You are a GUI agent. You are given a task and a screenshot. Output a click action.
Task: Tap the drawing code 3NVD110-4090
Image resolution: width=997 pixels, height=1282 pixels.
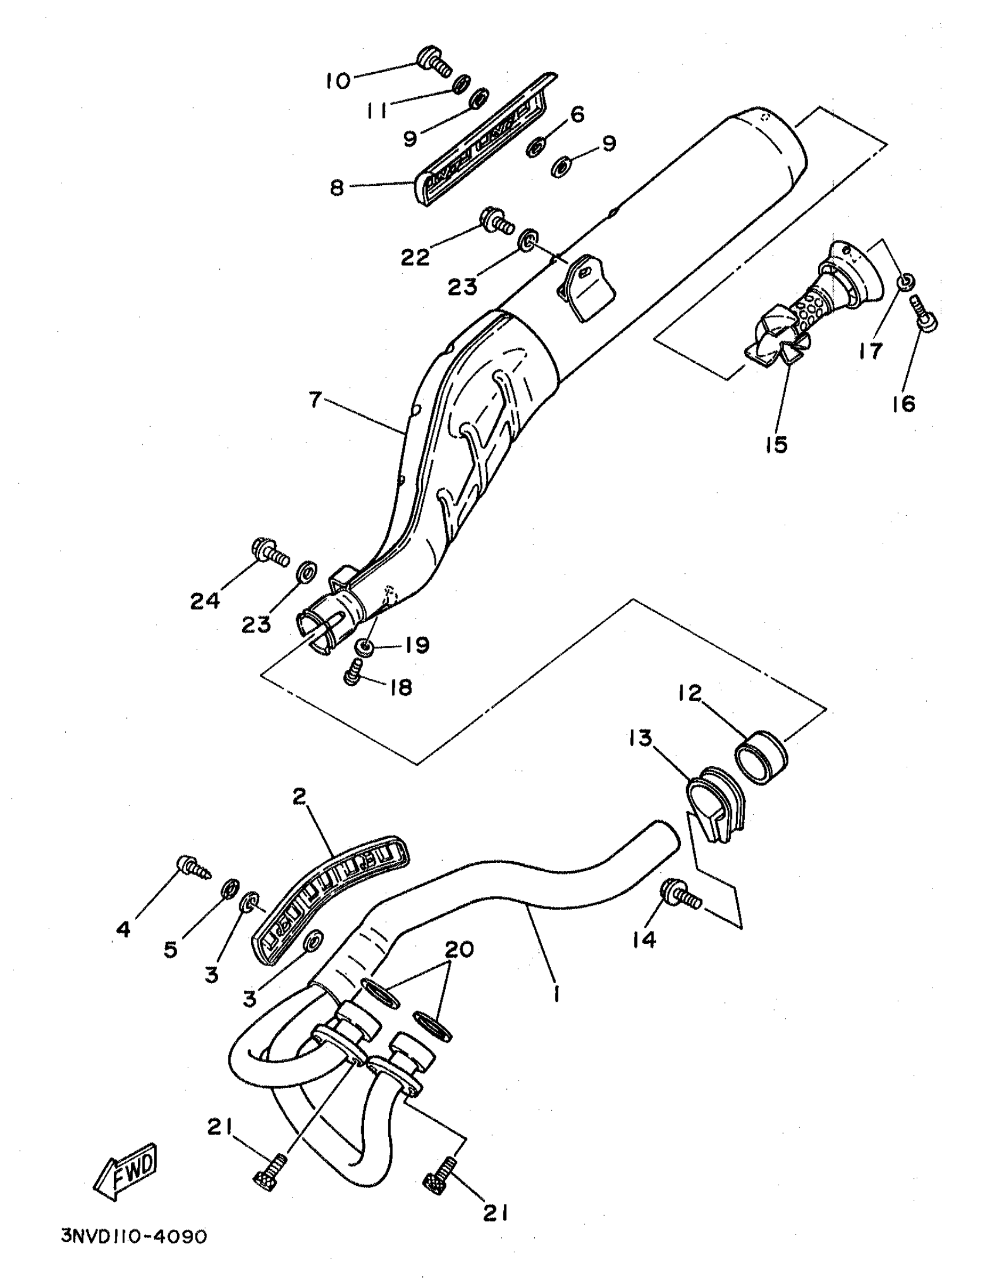pos(134,1237)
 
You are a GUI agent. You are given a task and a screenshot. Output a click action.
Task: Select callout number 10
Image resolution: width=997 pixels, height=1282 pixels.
pos(338,80)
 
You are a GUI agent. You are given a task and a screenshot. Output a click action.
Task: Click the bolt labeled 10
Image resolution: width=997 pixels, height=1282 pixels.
pos(435,61)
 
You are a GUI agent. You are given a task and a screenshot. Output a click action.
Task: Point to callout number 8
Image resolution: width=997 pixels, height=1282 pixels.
pos(337,188)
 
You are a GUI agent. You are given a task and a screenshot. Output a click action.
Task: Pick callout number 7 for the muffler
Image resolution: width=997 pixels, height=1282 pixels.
pos(316,400)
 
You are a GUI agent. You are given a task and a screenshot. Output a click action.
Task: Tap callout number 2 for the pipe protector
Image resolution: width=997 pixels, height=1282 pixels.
pos(299,797)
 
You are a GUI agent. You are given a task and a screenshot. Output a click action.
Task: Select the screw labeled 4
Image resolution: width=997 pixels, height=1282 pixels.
pos(194,869)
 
